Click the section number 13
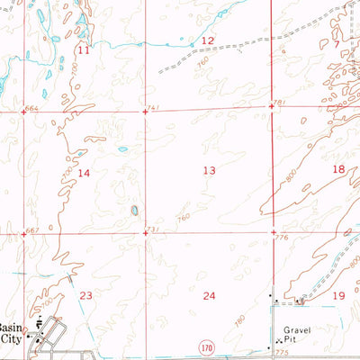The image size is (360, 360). [210, 170]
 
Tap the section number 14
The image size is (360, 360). [84, 172]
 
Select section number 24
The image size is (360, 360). [210, 295]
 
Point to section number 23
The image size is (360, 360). [86, 295]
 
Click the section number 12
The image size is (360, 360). [207, 41]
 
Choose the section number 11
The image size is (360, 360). [84, 50]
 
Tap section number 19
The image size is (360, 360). [339, 295]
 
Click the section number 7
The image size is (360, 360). [337, 43]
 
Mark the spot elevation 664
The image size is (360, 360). [33, 108]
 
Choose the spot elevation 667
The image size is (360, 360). [33, 231]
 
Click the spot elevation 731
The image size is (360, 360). [153, 231]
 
